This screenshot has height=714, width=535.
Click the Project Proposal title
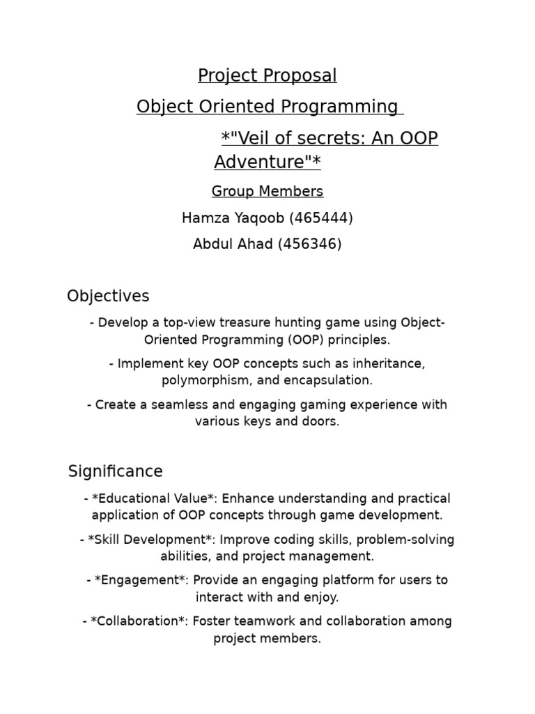click(x=267, y=75)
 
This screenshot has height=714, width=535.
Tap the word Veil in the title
click(x=254, y=138)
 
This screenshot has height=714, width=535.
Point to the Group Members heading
click(x=267, y=191)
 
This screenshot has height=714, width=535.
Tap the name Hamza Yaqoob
click(x=233, y=218)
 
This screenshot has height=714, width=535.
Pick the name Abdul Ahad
click(x=233, y=245)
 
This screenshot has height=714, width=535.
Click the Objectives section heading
click(x=108, y=296)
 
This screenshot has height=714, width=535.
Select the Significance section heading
click(x=116, y=471)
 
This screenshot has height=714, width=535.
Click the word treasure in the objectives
click(x=245, y=323)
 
